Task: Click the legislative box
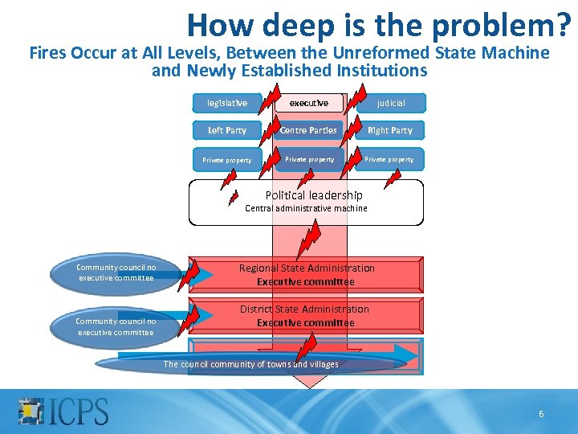point(227,103)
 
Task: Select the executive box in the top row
point(308,103)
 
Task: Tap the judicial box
point(391,103)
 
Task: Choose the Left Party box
point(227,130)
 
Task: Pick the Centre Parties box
point(308,130)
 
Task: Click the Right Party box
point(390,130)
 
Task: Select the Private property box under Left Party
point(227,160)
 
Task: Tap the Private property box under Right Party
point(390,159)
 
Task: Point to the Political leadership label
point(314,195)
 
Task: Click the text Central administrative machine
point(306,208)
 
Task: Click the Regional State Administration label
point(307,268)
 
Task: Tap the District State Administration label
point(305,309)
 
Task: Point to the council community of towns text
point(250,364)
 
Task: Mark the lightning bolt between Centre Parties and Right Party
point(352,130)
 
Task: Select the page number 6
point(541,414)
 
